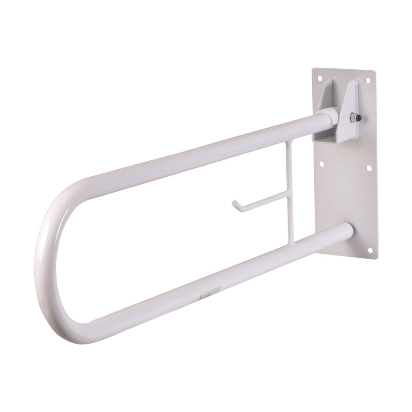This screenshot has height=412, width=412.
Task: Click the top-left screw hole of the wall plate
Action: (x=319, y=77)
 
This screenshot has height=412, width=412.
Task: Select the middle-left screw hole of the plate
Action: (x=321, y=164)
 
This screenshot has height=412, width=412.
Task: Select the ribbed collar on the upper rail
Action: (x=330, y=115)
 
